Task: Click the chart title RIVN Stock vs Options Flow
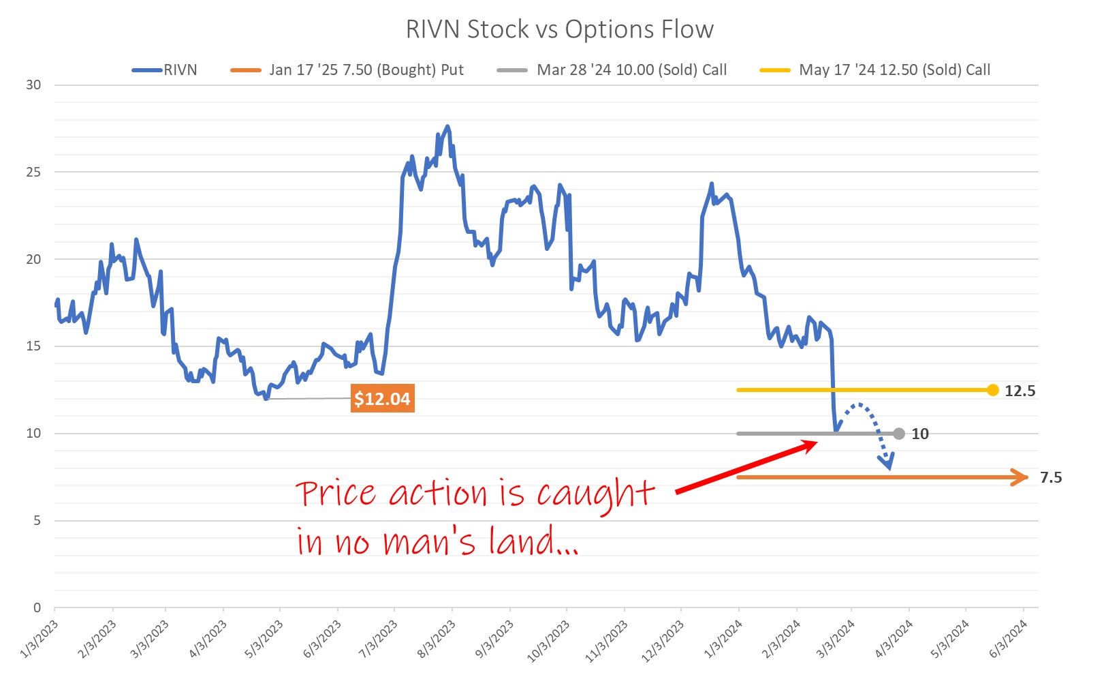click(x=559, y=29)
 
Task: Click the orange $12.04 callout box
click(x=382, y=399)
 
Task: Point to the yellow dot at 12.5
click(x=992, y=390)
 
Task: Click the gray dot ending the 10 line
click(x=899, y=434)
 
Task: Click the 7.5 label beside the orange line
click(x=1050, y=477)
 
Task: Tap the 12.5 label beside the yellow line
click(x=1020, y=391)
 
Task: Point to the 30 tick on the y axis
click(x=33, y=85)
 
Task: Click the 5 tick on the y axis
click(x=37, y=521)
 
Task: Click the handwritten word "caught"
click(x=595, y=494)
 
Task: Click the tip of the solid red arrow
click(x=816, y=442)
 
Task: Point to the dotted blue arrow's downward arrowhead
click(x=887, y=465)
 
